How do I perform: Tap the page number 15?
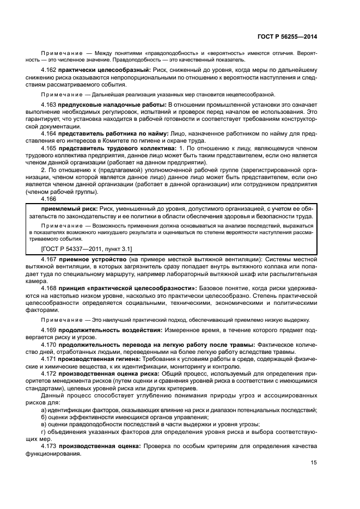pyautogui.click(x=313, y=462)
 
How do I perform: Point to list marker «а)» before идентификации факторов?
pyautogui.click(x=44, y=409)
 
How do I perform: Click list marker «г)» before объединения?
pyautogui.click(x=44, y=431)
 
